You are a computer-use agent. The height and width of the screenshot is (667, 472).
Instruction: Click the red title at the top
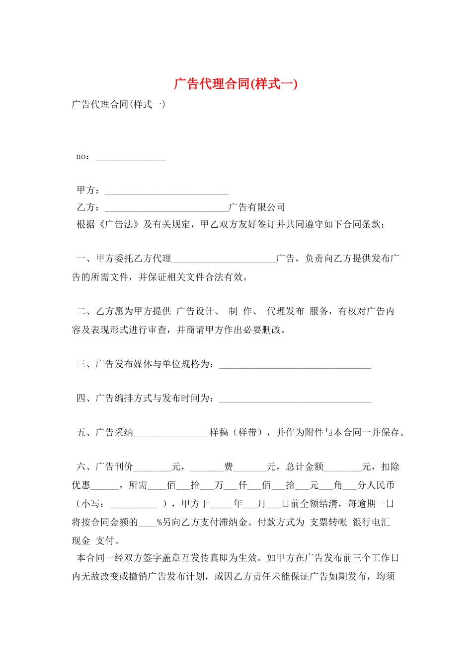(236, 83)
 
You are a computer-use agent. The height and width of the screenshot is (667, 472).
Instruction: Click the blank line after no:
(131, 158)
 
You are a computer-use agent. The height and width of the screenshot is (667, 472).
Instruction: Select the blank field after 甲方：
(166, 192)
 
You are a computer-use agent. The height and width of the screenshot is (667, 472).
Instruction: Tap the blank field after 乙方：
(166, 209)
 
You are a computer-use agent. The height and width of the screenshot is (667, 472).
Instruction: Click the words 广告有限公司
(257, 207)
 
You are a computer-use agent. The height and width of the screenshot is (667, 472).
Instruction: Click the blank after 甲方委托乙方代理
(224, 260)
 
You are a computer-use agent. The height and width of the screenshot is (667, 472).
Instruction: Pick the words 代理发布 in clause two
(285, 311)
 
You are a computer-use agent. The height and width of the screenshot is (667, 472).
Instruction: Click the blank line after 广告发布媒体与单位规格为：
(295, 367)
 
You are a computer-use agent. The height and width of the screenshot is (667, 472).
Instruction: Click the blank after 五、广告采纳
(171, 435)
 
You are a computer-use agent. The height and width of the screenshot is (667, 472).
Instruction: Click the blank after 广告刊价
(153, 469)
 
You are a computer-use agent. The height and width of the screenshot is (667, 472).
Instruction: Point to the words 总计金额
(305, 467)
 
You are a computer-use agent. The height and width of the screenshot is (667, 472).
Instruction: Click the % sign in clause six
(159, 523)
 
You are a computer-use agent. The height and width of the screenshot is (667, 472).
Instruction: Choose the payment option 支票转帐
(328, 522)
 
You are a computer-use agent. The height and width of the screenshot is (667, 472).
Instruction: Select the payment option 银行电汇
(371, 522)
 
